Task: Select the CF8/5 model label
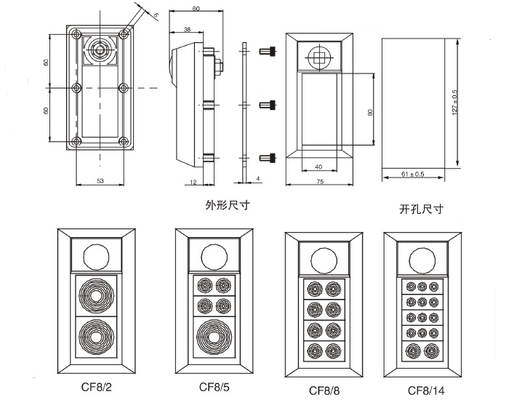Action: point(215,386)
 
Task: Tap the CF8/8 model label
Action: point(324,391)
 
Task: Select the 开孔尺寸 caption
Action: point(422,209)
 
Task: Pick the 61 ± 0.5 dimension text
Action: point(412,175)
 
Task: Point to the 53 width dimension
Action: point(100,180)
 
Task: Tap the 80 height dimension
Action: point(369,112)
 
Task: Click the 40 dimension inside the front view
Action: point(318,167)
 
